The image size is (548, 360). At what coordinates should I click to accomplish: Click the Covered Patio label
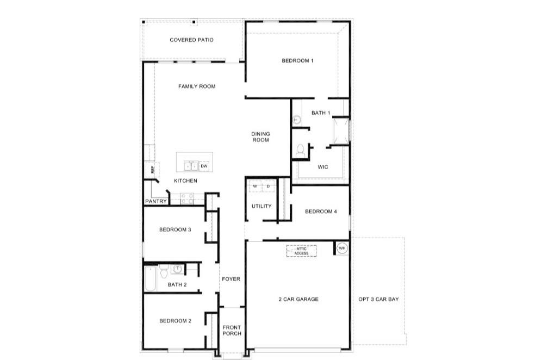point(191,40)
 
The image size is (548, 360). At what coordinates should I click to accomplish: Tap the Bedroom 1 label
point(297,60)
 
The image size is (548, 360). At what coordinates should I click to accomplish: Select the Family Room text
point(197,86)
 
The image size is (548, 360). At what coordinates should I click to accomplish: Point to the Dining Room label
point(260,136)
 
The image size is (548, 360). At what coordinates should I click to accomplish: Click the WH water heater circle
point(342,248)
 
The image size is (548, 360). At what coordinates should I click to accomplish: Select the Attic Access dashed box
point(301,251)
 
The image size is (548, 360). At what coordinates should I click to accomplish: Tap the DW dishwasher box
point(204,166)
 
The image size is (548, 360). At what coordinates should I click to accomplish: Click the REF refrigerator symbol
point(152,170)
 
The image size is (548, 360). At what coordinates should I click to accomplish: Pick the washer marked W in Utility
point(255,187)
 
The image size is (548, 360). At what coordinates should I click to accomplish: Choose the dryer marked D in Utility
point(269,187)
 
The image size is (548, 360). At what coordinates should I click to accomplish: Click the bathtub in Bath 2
point(151,278)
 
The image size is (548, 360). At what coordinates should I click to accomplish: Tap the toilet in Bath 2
point(164,271)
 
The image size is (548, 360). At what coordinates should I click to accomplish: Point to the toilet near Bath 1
point(300,151)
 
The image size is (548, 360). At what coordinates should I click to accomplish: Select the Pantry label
point(156,201)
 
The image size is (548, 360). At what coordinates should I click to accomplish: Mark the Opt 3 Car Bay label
point(378,299)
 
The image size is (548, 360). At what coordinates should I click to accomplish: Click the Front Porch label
point(232,330)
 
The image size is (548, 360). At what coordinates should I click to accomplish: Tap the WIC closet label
point(323,167)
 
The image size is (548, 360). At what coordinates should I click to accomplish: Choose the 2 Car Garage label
point(298,299)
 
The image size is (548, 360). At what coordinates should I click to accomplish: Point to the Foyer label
point(231,279)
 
